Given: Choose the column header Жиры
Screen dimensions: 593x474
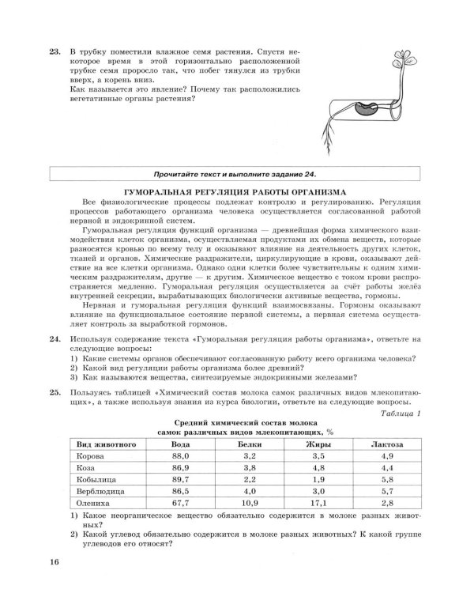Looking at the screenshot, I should click(319, 445).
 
